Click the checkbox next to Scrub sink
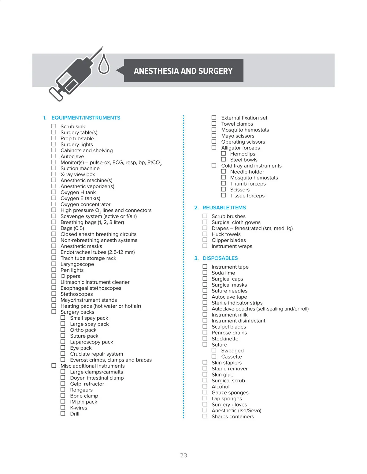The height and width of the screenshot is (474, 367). point(54,126)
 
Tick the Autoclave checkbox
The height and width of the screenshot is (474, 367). point(54,156)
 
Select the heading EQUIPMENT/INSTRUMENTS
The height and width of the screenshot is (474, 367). point(86,118)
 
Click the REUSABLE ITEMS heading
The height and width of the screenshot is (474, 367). point(224,208)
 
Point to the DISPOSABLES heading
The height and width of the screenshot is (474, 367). point(220,258)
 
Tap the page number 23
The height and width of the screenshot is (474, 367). point(183,455)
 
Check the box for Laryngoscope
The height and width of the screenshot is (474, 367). point(54,264)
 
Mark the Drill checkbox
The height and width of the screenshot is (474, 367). point(63,413)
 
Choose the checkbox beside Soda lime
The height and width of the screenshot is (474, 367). point(205,273)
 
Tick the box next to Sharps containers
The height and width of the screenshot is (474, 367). point(205,416)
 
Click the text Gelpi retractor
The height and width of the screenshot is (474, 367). point(87,384)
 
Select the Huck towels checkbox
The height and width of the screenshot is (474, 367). point(205,234)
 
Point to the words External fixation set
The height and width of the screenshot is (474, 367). point(244,118)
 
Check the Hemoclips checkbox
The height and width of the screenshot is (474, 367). point(224,153)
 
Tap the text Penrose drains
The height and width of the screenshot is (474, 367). point(229,333)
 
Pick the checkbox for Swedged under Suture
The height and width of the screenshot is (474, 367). point(214,350)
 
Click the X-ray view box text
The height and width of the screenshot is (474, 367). point(78,174)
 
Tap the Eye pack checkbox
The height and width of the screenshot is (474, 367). point(63,347)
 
